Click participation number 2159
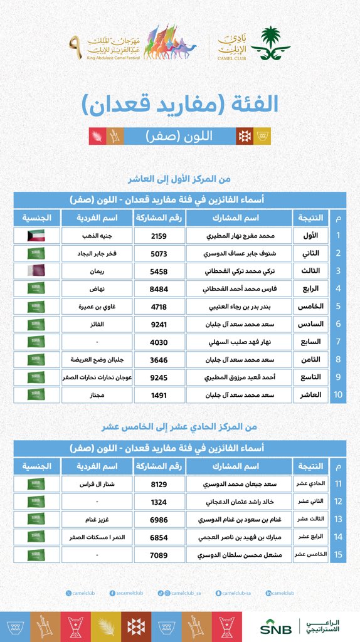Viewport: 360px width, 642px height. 159,237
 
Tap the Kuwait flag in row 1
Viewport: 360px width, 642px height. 36,237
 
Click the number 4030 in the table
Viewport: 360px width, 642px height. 159,342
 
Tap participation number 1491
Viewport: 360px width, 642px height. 159,395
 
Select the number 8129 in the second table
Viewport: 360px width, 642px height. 159,485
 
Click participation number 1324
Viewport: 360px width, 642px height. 159,502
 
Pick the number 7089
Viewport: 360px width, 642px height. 159,555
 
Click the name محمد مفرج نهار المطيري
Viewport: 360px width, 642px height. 238,237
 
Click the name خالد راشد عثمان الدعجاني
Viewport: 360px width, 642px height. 238,502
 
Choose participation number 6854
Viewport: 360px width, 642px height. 159,537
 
